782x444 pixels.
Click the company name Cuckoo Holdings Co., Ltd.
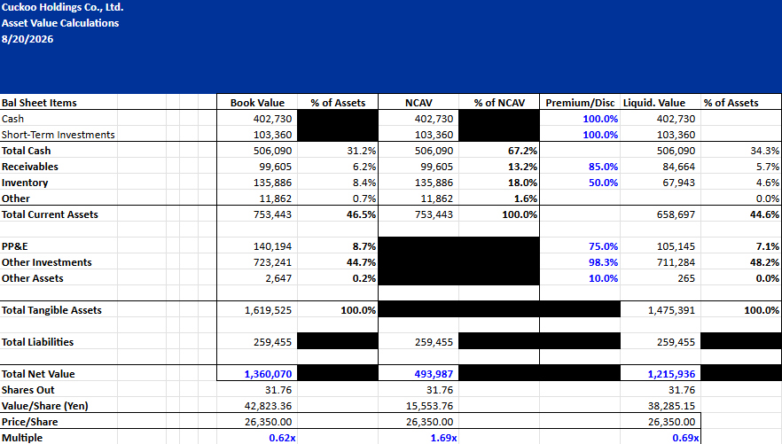(62, 7)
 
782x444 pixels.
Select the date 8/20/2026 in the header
(27, 39)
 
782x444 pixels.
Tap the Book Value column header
(257, 103)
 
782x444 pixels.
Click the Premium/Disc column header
(580, 103)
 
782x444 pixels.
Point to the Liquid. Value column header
(654, 103)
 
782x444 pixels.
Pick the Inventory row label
(25, 183)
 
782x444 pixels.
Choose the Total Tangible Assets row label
(51, 310)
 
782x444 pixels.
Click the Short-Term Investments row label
(58, 135)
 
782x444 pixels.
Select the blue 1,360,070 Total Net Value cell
(268, 374)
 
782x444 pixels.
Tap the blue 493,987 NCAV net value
(434, 374)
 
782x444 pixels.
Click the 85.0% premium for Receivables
(604, 167)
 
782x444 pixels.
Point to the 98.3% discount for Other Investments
(604, 262)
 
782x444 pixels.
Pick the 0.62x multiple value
(282, 438)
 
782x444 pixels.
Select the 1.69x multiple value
(444, 438)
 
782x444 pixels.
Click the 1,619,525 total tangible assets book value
(268, 310)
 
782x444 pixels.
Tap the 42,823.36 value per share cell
(268, 406)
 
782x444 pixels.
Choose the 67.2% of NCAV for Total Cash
(523, 151)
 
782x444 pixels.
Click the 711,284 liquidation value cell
(676, 262)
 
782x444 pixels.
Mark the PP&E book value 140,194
(272, 246)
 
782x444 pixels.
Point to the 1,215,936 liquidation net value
(671, 374)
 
